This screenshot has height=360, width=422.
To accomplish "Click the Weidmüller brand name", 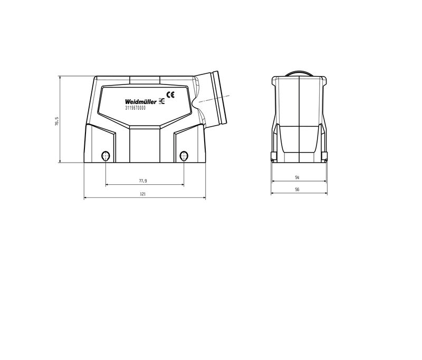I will click(141, 102).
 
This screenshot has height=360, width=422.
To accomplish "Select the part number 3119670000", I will click(136, 108).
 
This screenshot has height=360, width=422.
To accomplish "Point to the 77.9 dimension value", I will click(143, 181).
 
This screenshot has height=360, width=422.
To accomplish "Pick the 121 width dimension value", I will click(143, 194).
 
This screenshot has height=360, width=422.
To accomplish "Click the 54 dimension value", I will click(298, 177).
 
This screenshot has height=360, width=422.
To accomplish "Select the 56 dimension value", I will click(298, 189).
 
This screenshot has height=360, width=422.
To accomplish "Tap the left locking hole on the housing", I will click(106, 156).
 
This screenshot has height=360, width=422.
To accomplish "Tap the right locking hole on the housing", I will click(184, 156).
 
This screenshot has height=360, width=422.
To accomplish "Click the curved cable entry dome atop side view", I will click(300, 73).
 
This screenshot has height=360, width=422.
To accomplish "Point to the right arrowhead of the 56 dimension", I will click(327, 193).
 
